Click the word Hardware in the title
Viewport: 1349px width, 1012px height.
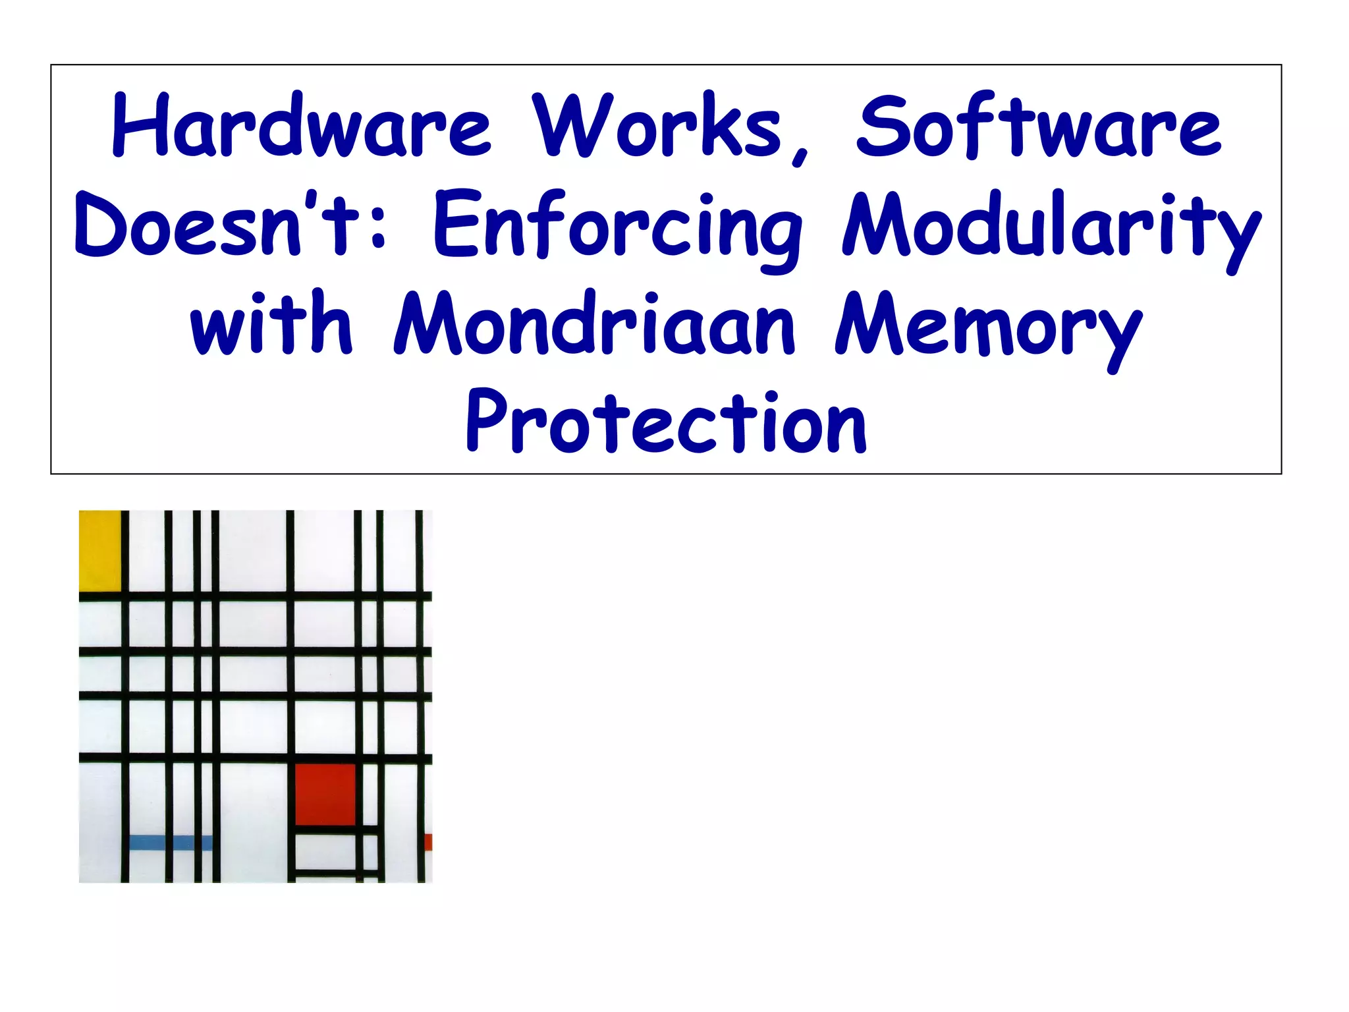[x=302, y=125]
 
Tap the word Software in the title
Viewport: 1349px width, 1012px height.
[x=1039, y=125]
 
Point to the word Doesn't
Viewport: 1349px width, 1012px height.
[x=217, y=224]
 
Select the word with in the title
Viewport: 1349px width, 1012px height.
[x=271, y=323]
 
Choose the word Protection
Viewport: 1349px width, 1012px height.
[x=666, y=422]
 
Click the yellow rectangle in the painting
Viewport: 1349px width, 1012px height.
[x=99, y=550]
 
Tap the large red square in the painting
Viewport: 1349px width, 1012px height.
[x=325, y=794]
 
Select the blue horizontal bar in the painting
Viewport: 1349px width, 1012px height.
[x=171, y=843]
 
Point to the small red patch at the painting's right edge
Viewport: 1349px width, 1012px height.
[x=428, y=842]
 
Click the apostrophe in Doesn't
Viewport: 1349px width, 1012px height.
[x=312, y=199]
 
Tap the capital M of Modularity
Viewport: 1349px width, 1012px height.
[x=877, y=224]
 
